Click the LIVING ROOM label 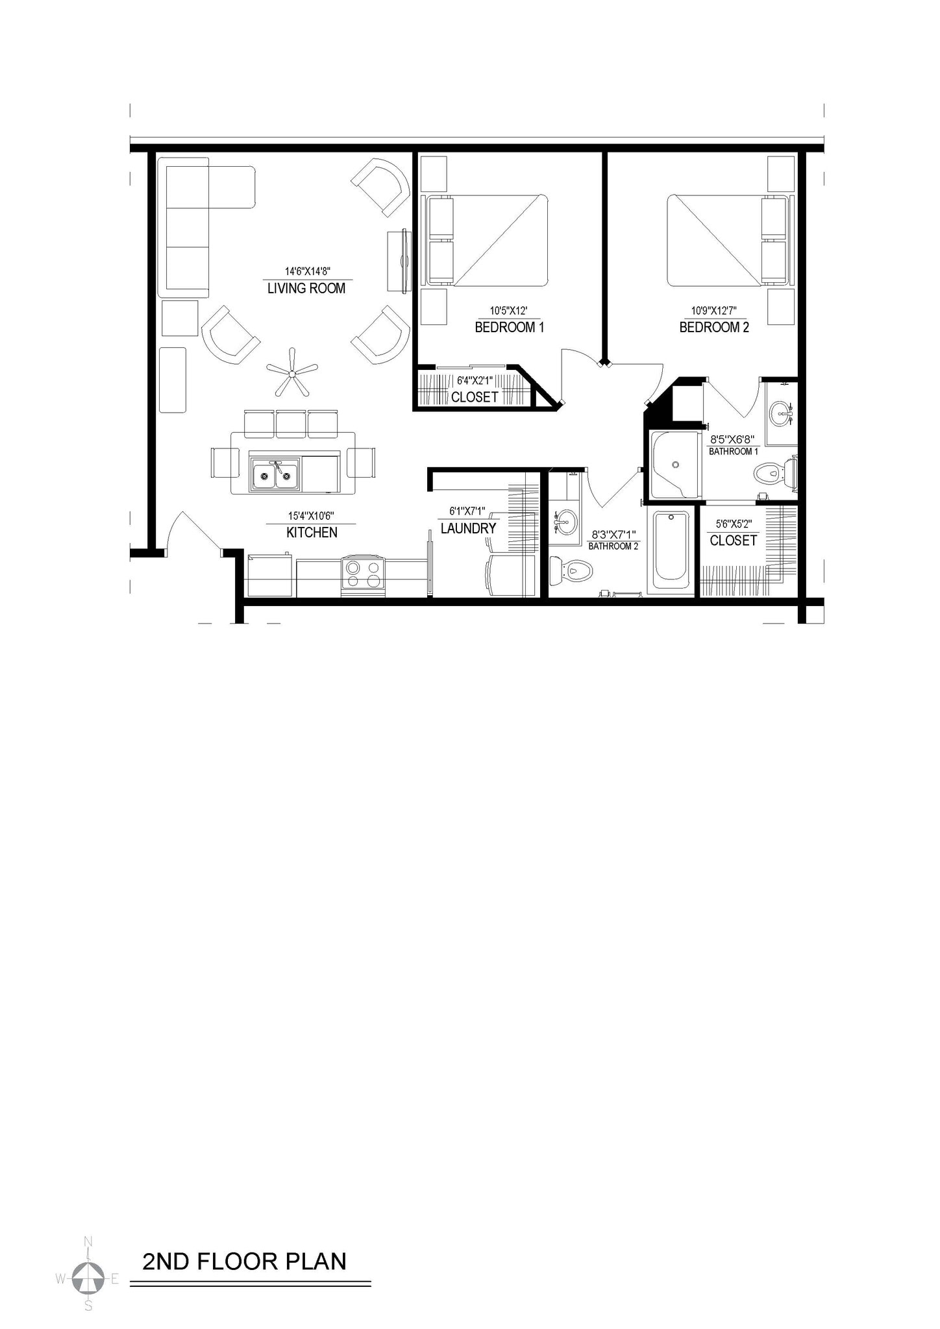(x=306, y=289)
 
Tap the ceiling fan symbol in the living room (x=292, y=372)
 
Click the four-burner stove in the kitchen (x=363, y=574)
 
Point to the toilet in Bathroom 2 (x=573, y=570)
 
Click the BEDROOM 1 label (x=510, y=328)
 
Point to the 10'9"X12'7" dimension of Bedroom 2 (x=713, y=311)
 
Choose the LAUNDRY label (x=468, y=529)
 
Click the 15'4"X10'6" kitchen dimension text (x=311, y=516)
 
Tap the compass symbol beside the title (x=88, y=1279)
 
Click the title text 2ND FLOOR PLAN (x=245, y=1261)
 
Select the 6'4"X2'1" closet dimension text (x=475, y=381)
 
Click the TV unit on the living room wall (x=399, y=260)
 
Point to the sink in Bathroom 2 (x=565, y=520)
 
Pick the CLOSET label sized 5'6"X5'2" (x=733, y=541)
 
